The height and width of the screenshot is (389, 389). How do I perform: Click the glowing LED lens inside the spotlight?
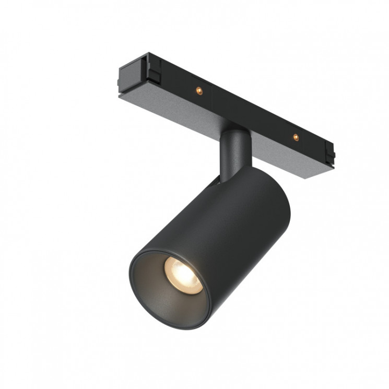(181, 273)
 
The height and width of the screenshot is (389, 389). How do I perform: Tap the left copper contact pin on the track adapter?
(199, 90)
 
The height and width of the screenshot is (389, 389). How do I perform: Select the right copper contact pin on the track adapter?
(296, 137)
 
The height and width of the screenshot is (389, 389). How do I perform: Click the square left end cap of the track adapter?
(128, 73)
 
